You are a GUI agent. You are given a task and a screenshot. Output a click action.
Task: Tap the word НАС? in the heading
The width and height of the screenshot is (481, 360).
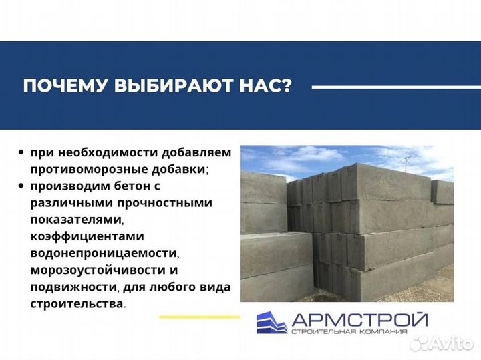(x=265, y=87)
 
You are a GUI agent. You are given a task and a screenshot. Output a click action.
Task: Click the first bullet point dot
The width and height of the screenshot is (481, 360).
(x=22, y=152)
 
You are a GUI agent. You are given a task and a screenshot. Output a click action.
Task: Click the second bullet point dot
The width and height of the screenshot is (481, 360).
(x=22, y=186)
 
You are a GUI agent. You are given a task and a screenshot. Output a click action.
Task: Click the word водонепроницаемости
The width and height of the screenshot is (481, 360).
(x=104, y=253)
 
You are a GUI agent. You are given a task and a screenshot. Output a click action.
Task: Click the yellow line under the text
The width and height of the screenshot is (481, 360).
(x=200, y=317)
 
